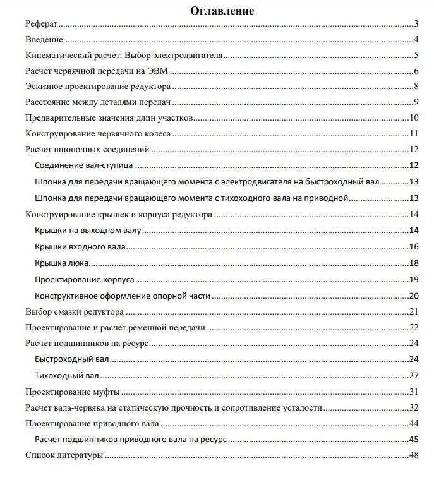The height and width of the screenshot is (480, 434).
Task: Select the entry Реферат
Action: [41, 24]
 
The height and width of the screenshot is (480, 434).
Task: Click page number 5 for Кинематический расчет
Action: [417, 56]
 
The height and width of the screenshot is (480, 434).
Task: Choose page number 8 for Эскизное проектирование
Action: [417, 87]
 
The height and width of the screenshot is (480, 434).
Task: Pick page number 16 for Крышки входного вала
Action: [414, 247]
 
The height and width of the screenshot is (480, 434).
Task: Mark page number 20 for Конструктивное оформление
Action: [414, 296]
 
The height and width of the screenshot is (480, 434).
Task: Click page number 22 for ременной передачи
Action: [414, 327]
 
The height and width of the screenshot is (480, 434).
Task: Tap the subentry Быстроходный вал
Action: [72, 359]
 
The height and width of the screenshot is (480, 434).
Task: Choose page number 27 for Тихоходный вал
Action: [414, 376]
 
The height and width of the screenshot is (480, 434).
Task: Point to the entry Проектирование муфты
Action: [72, 392]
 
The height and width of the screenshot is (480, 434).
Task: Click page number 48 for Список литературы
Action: [414, 455]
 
